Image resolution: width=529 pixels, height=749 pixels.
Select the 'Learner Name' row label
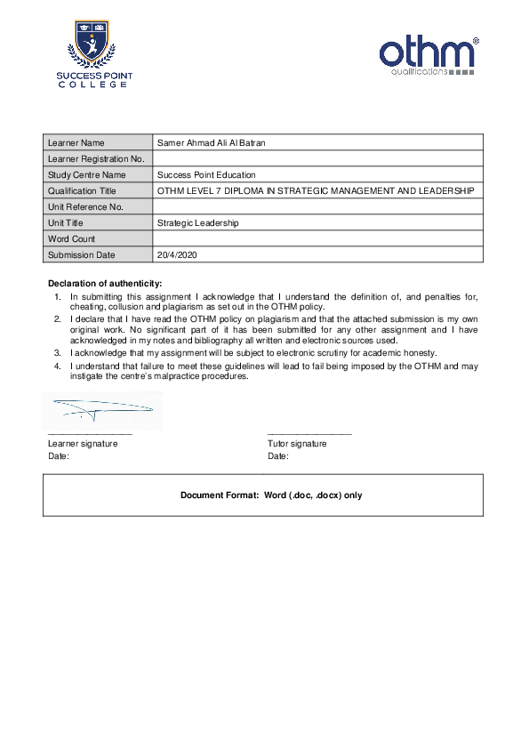coord(76,142)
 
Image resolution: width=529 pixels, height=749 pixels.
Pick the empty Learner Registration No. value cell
coord(318,158)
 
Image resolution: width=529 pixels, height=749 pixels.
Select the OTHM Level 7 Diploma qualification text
coord(316,190)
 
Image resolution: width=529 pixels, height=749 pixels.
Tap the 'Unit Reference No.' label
coord(84,206)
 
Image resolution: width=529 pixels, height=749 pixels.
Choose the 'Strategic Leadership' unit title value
coord(197,222)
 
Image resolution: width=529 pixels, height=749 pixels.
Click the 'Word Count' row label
coord(71,238)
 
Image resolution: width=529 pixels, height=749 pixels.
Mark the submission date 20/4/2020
coord(176,254)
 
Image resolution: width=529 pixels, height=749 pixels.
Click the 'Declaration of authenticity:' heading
coord(105,283)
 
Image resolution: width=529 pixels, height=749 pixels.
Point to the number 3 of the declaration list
coord(57,353)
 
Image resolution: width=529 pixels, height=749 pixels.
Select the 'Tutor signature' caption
coord(297,443)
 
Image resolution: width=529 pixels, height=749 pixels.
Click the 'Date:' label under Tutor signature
coord(277,456)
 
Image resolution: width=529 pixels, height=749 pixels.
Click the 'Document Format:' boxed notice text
coord(271,495)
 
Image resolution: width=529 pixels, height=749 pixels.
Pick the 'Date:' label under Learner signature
coord(58,456)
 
